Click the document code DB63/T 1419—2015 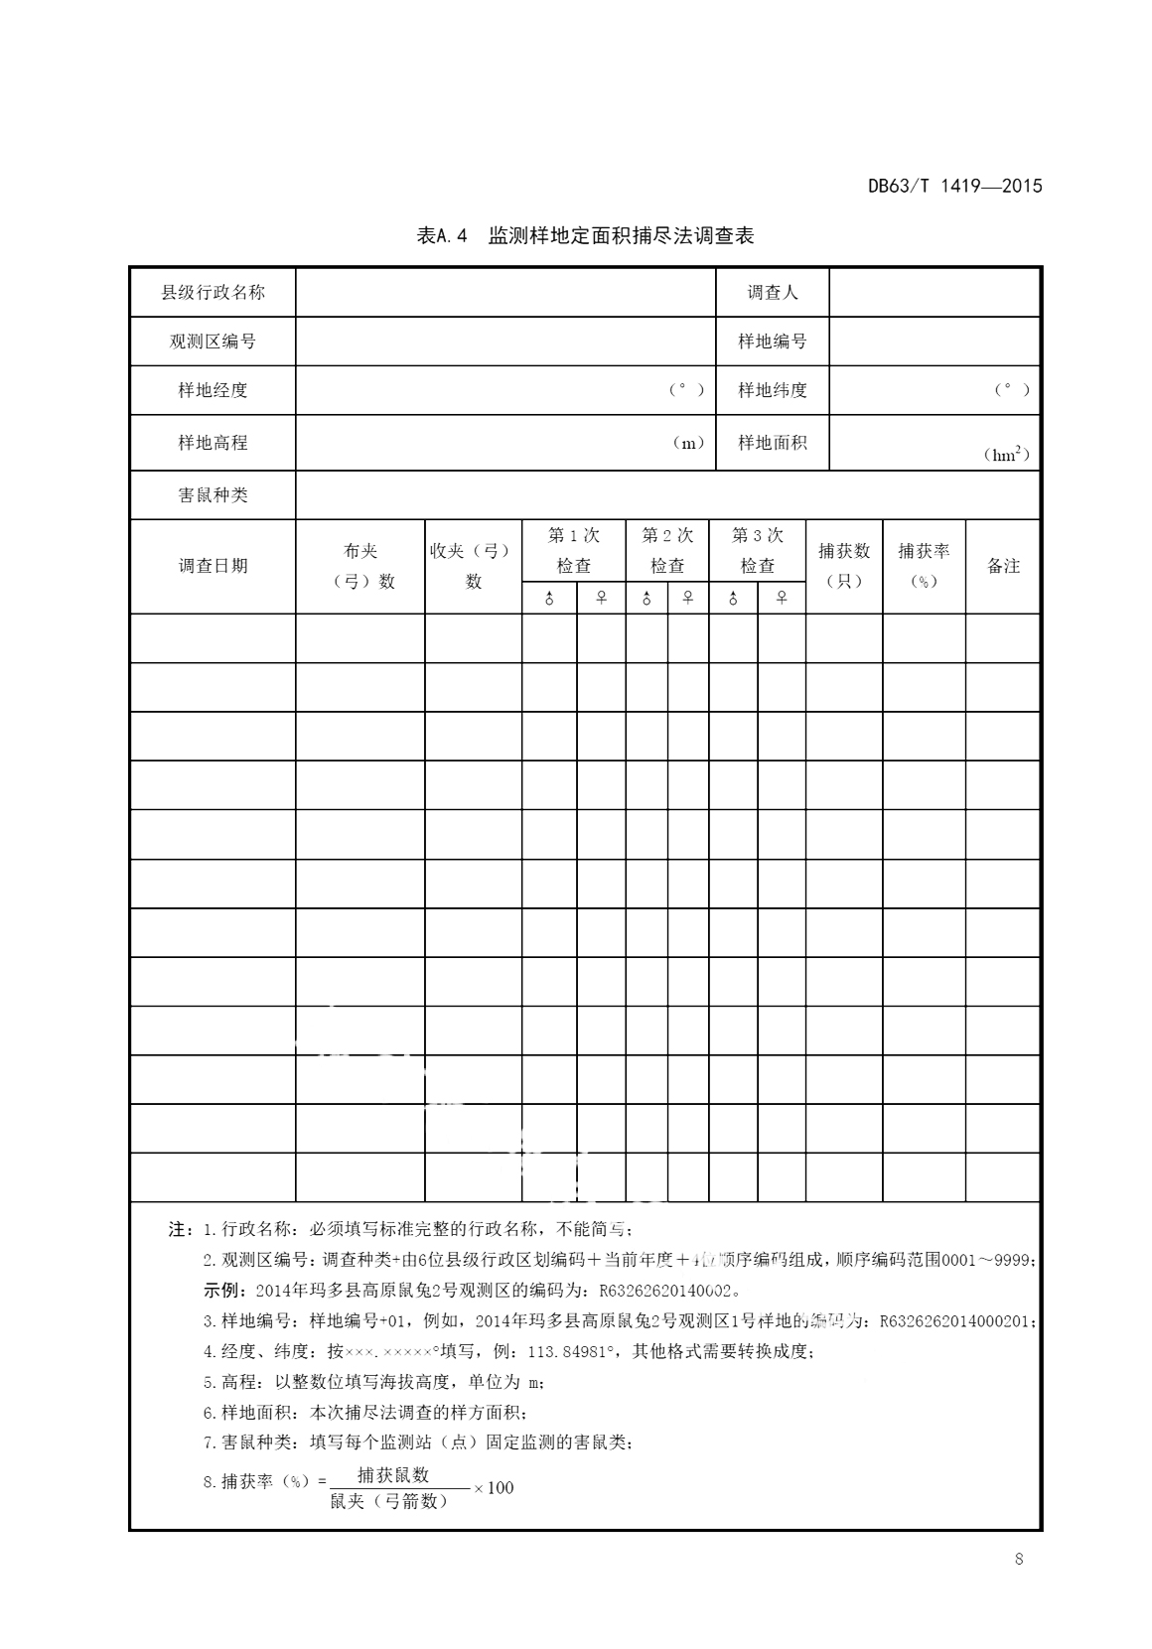(x=954, y=186)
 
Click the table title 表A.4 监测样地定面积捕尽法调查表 (x=586, y=235)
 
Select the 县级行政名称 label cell (x=213, y=292)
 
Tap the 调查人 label (x=772, y=292)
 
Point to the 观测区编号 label (x=213, y=342)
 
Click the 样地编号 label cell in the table (x=772, y=342)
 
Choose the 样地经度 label (x=213, y=390)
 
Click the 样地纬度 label (x=772, y=390)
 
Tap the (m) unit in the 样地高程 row (x=688, y=443)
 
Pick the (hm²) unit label (x=1005, y=455)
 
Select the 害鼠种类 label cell (x=213, y=494)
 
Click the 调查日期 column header (x=213, y=566)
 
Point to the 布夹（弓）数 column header (x=360, y=566)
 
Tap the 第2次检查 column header (x=667, y=550)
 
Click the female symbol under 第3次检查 (x=782, y=598)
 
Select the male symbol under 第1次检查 (x=549, y=598)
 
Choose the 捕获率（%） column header (x=924, y=565)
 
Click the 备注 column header (x=1003, y=566)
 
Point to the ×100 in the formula (x=494, y=1487)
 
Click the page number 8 (x=1019, y=1559)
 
